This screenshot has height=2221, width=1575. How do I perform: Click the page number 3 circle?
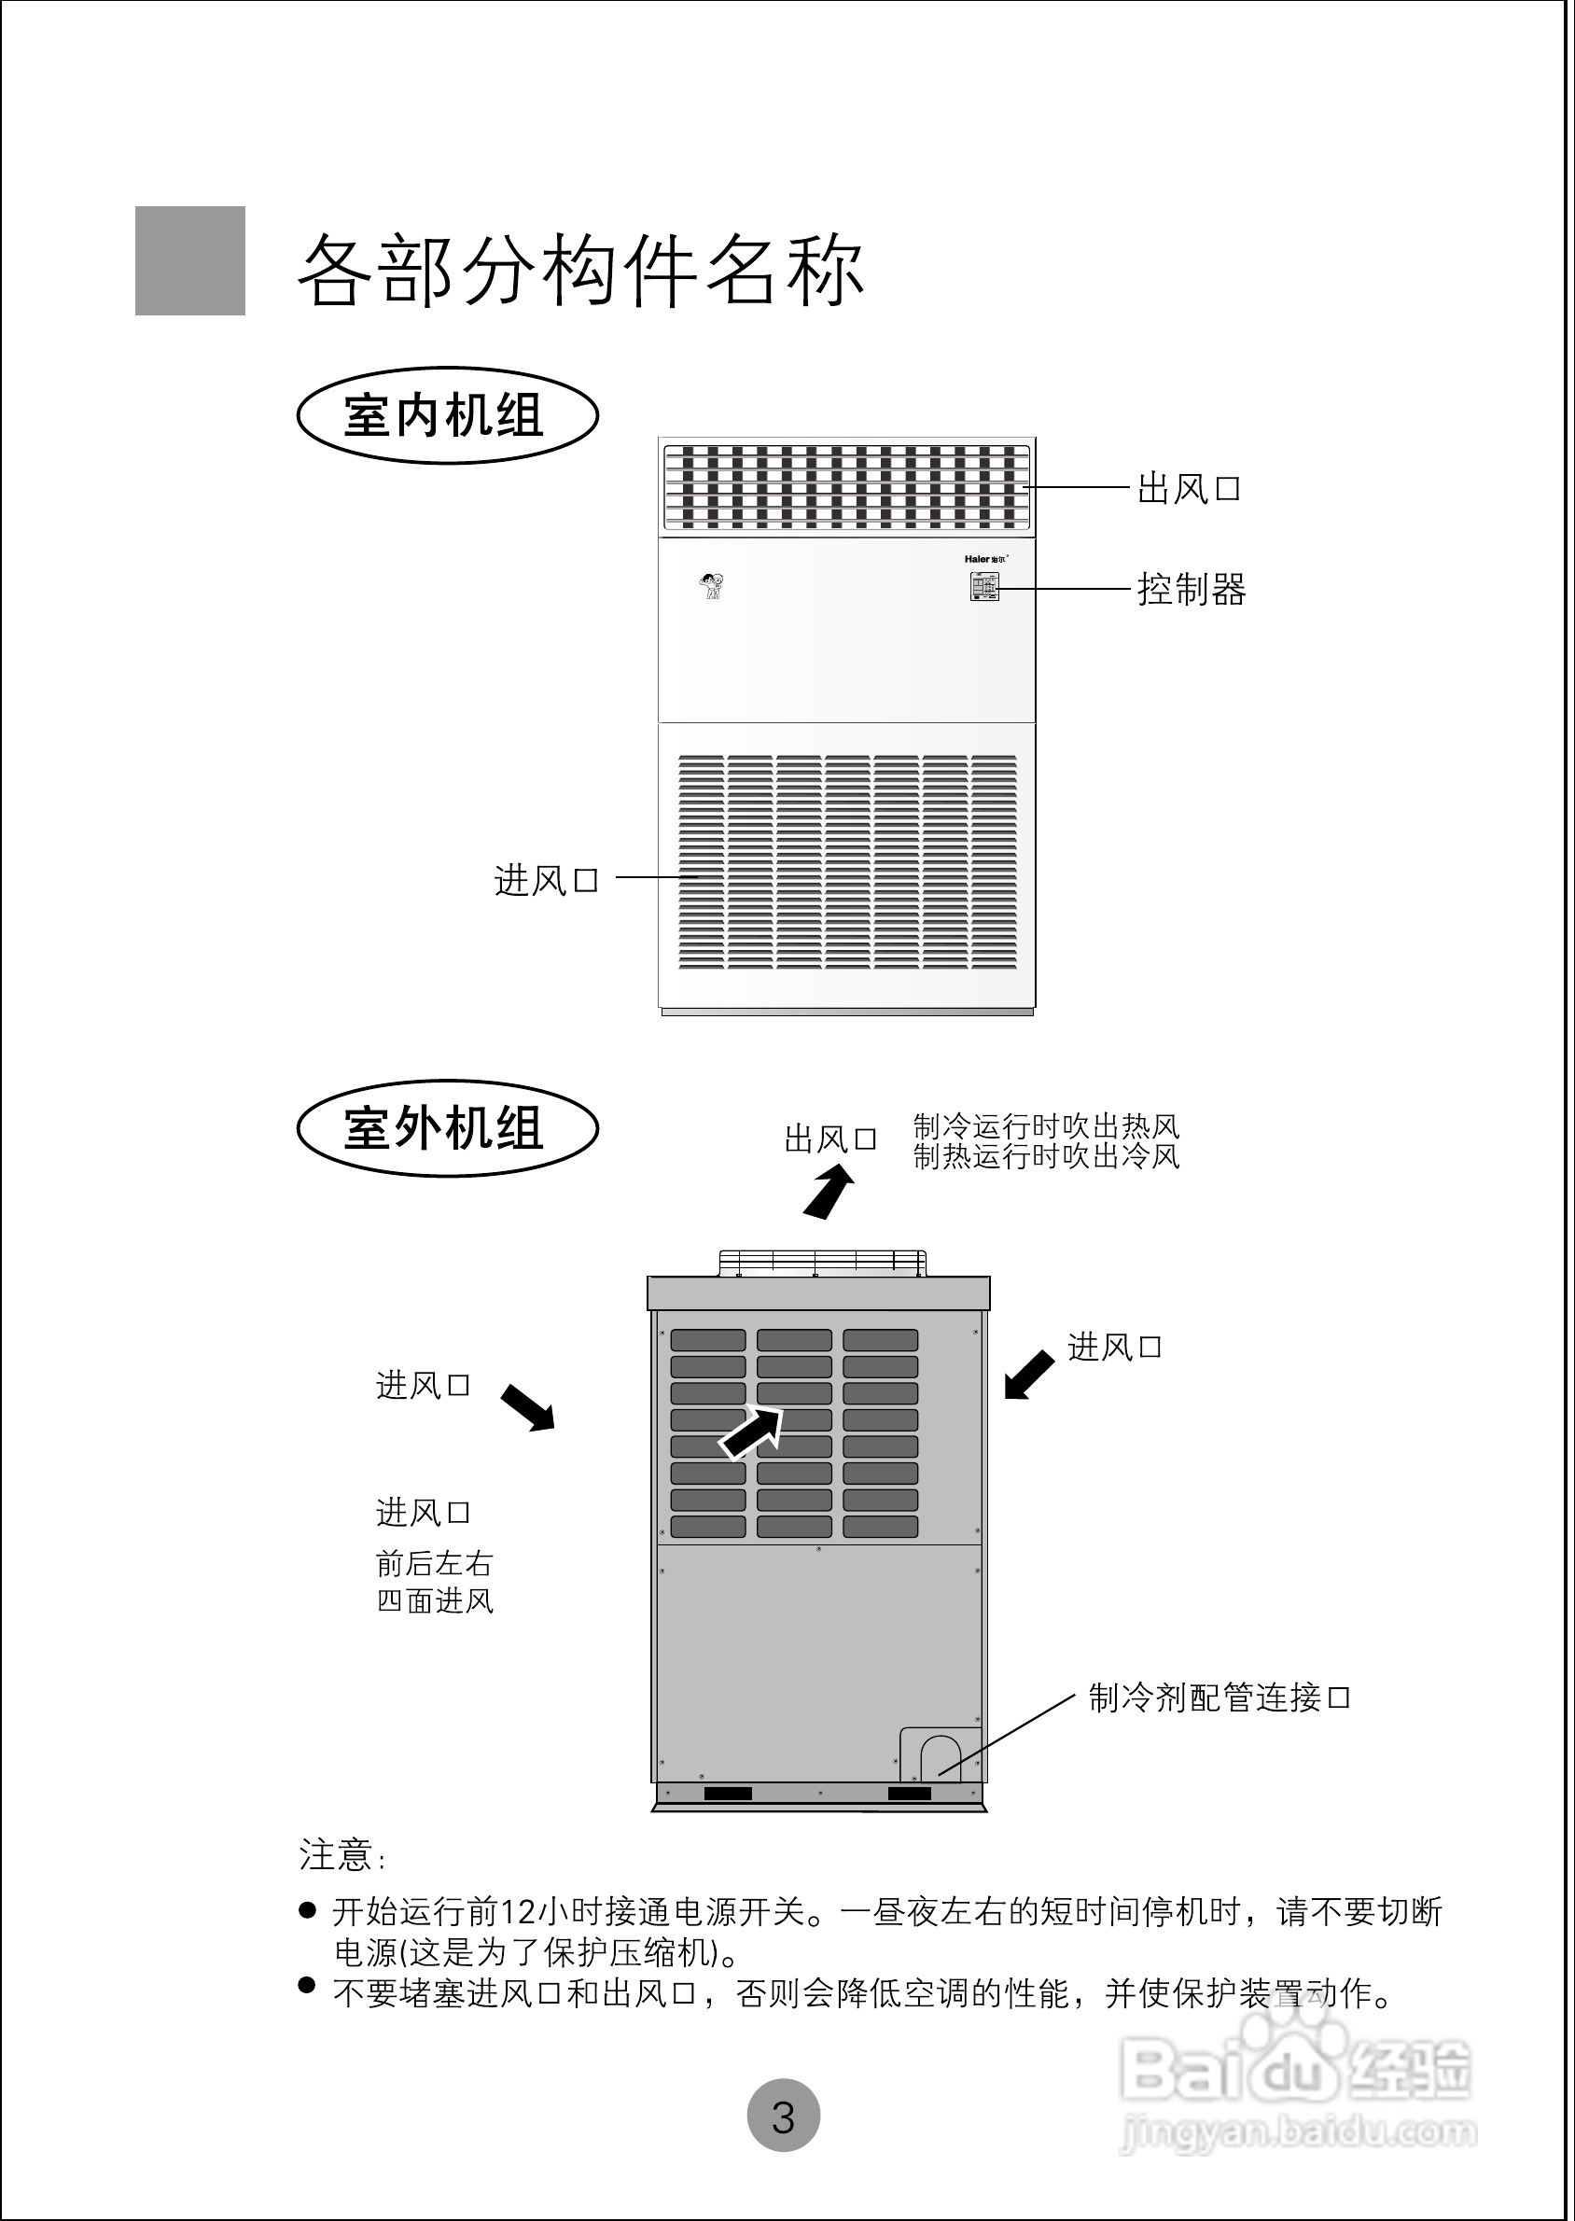784,2116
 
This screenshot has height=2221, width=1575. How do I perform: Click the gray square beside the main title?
190,261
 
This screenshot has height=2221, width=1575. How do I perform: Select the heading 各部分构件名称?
580,270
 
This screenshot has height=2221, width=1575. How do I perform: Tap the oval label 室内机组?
447,416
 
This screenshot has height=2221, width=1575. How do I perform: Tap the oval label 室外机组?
447,1129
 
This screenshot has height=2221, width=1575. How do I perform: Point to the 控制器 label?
1191,589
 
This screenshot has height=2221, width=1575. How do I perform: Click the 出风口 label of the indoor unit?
1188,489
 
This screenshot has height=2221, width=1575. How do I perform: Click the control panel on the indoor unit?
984,587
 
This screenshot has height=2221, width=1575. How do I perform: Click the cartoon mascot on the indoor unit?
713,586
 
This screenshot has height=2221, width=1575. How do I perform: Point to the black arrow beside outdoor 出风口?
828,1192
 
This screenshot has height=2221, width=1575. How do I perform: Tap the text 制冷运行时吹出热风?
1045,1126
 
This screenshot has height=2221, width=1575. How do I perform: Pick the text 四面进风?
435,1600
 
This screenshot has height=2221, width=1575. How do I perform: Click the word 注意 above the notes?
336,1855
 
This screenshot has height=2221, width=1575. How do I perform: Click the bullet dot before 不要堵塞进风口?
307,1984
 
